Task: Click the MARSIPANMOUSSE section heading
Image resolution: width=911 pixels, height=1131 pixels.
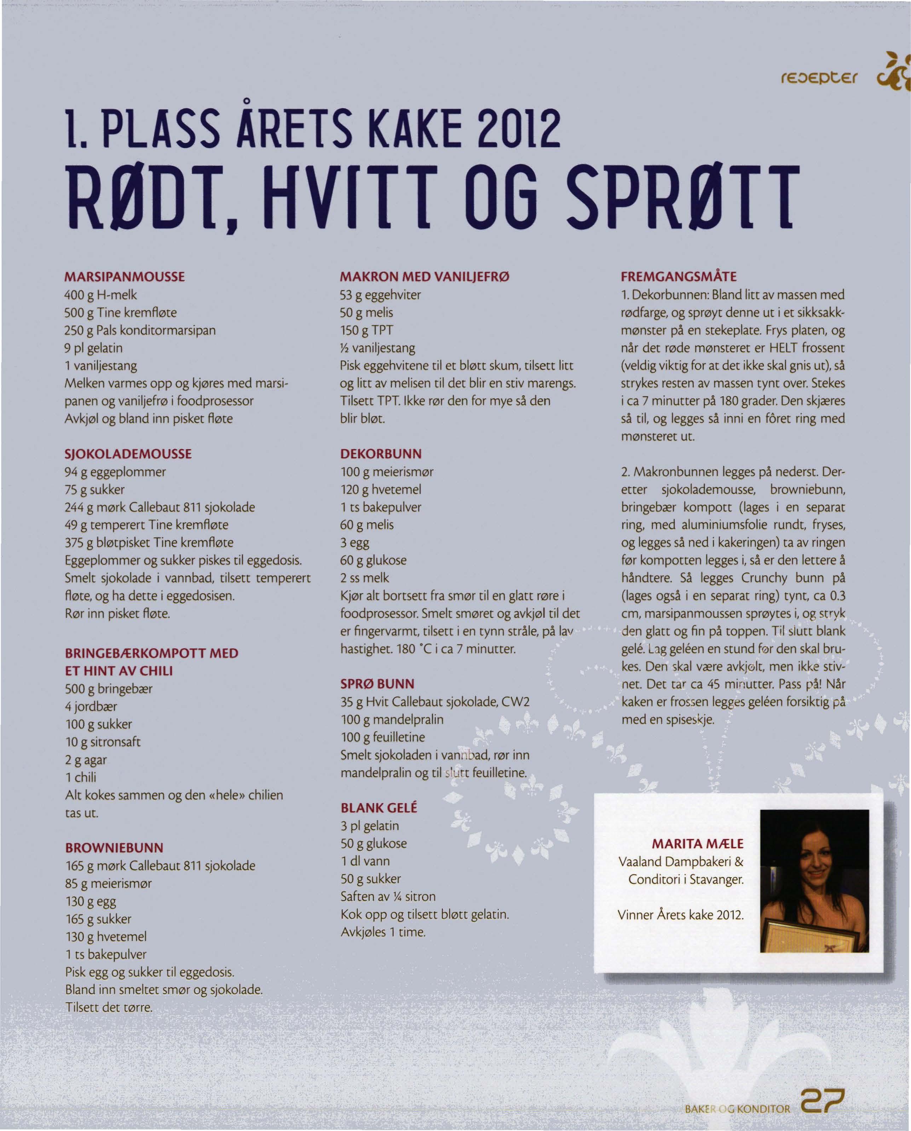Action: click(x=125, y=277)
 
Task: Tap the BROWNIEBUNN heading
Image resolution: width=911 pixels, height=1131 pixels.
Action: click(x=114, y=848)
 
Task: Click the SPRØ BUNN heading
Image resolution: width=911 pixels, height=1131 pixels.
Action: click(x=377, y=684)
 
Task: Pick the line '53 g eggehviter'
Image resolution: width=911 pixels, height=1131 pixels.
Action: click(x=380, y=295)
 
